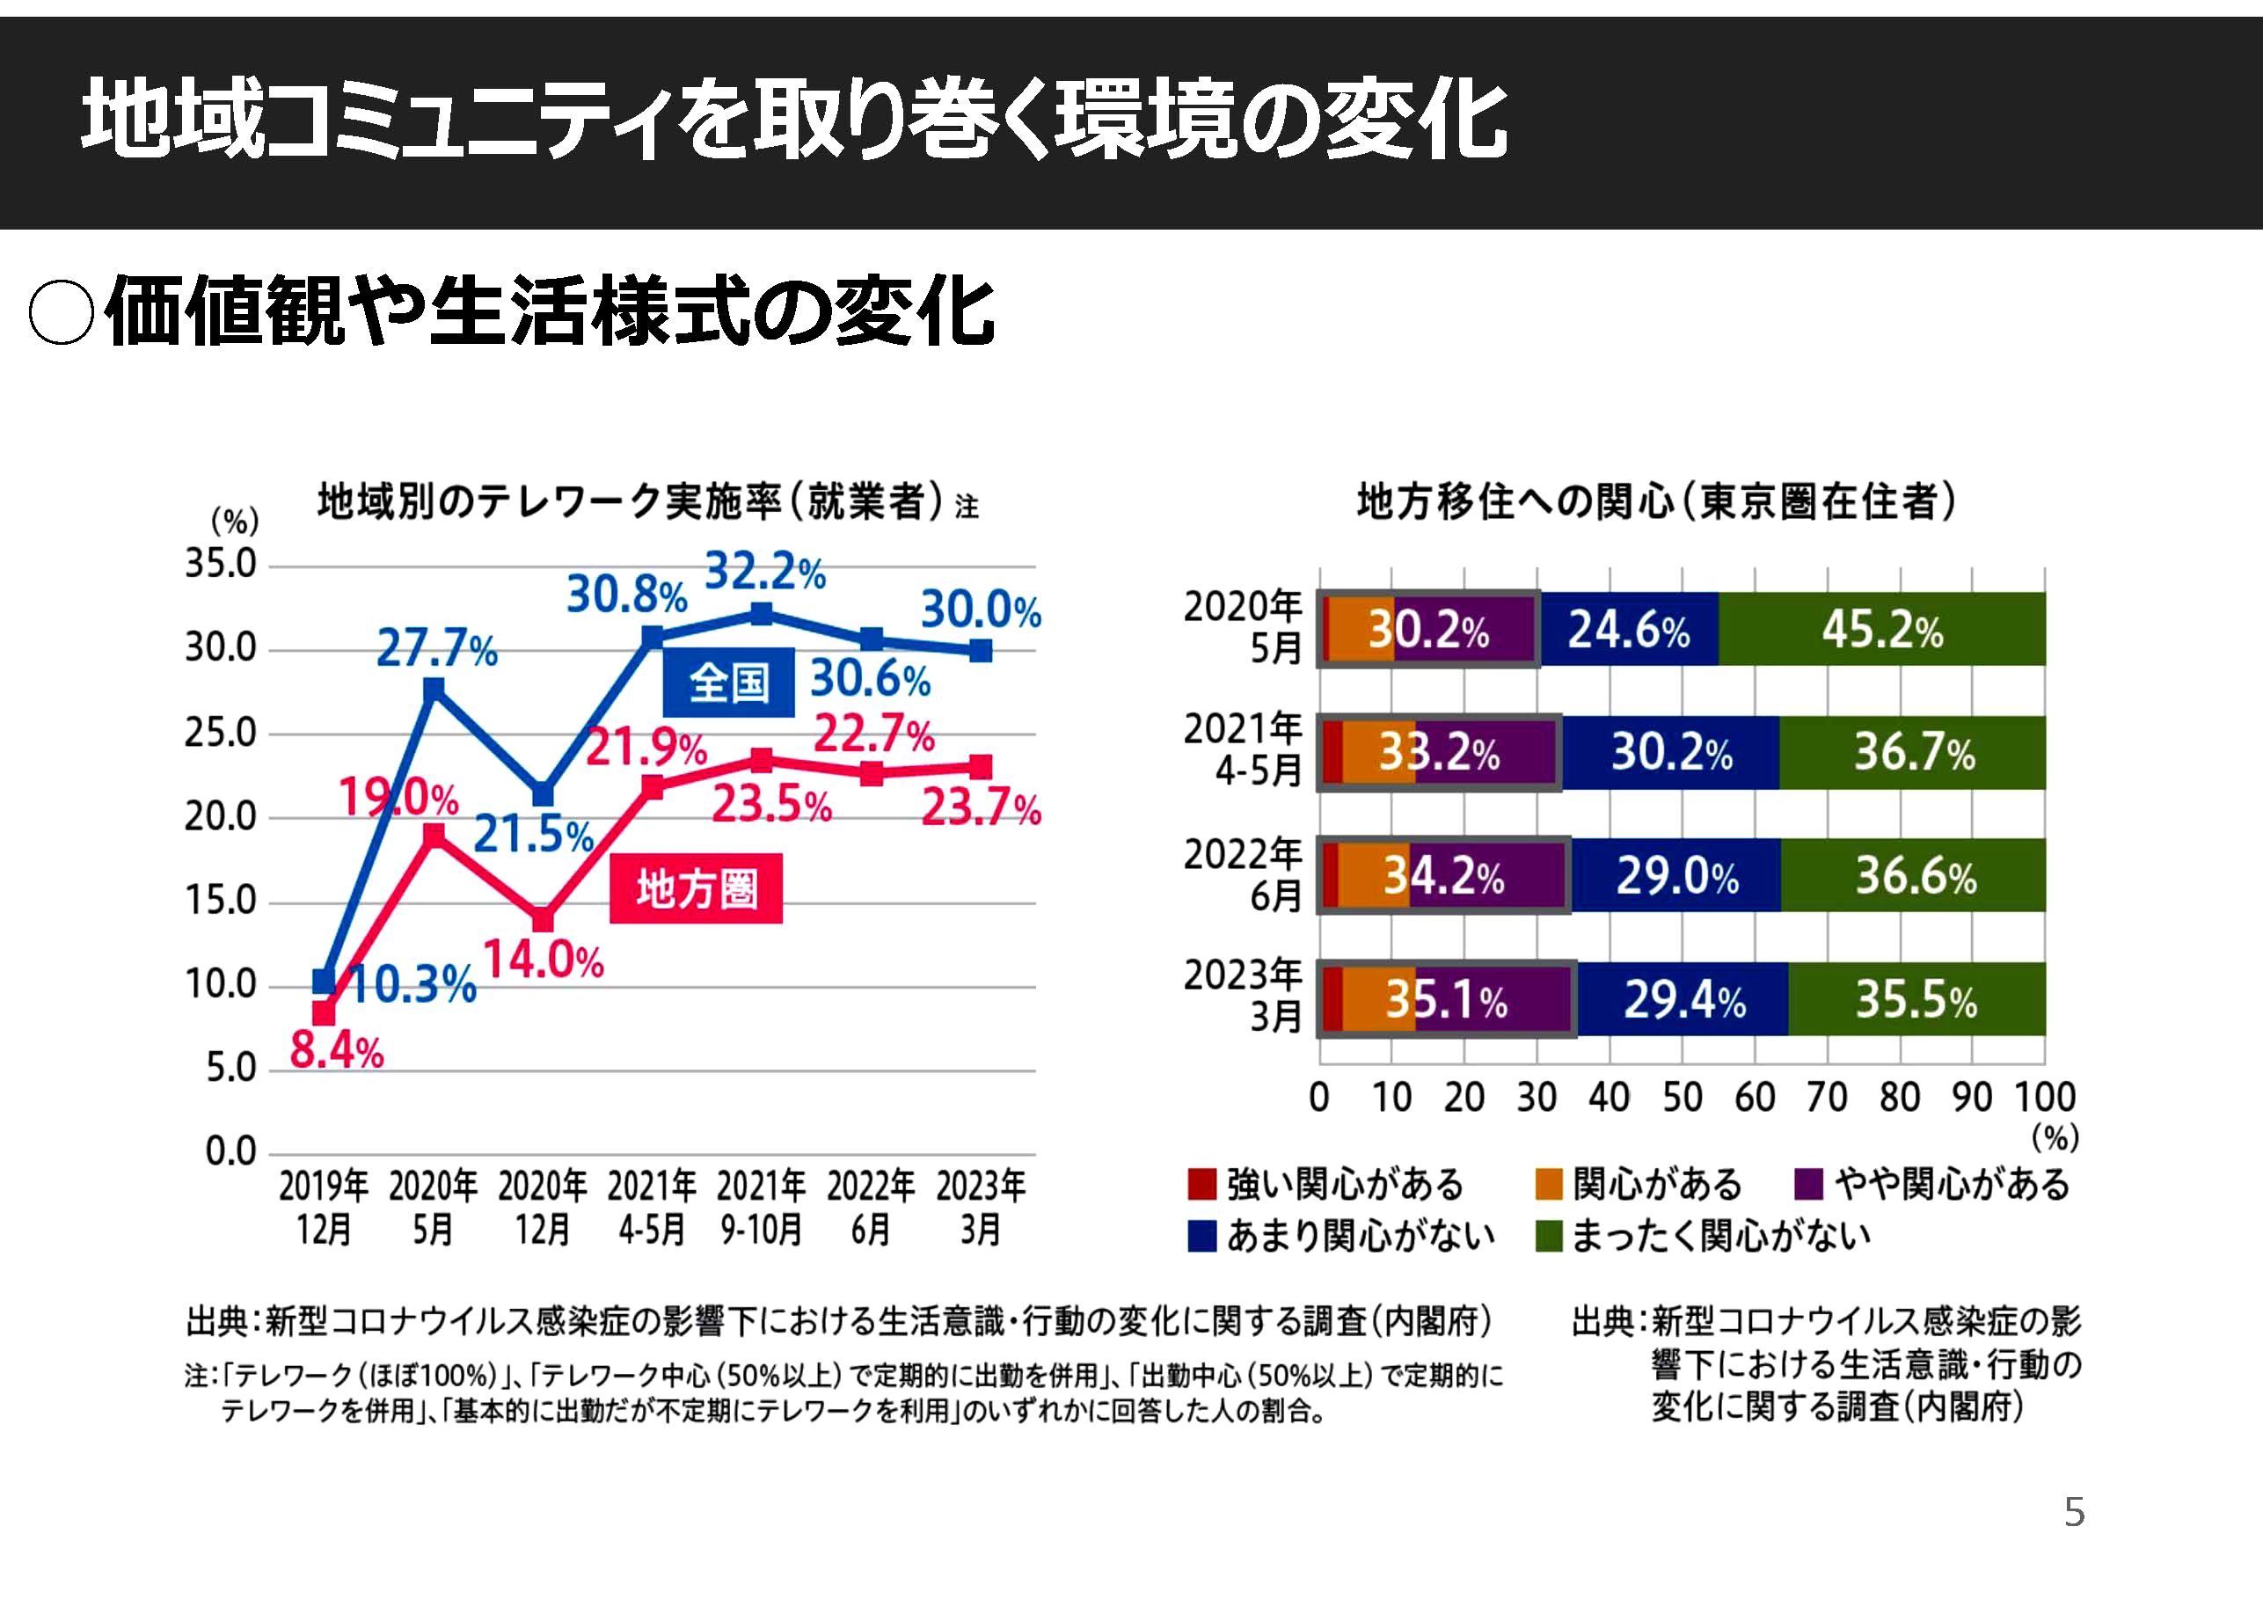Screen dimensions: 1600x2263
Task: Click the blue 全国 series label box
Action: pyautogui.click(x=728, y=683)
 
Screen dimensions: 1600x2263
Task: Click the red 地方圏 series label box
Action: pyautogui.click(x=696, y=889)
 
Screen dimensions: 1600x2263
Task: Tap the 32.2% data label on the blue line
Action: pyautogui.click(x=765, y=572)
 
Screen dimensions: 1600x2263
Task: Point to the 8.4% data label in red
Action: pyautogui.click(x=336, y=1051)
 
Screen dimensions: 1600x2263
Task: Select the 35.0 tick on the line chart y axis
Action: pyautogui.click(x=221, y=565)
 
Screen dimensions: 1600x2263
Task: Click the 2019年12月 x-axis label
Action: pyautogui.click(x=324, y=1208)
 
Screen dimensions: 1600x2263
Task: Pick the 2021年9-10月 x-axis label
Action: pyautogui.click(x=761, y=1208)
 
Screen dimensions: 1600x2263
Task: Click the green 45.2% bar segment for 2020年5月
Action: pyautogui.click(x=1881, y=630)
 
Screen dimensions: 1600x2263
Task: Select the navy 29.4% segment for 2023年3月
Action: pyautogui.click(x=1683, y=999)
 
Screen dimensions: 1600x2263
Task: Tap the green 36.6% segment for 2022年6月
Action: pyautogui.click(x=1914, y=875)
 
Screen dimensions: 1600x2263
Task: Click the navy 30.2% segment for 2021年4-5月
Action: pyautogui.click(x=1672, y=753)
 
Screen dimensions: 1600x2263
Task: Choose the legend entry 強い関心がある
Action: pyautogui.click(x=1326, y=1184)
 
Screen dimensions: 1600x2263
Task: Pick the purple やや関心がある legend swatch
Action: pyautogui.click(x=1808, y=1184)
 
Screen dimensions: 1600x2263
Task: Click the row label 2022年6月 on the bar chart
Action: pyautogui.click(x=1244, y=875)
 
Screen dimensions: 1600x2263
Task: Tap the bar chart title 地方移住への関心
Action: pyautogui.click(x=1656, y=501)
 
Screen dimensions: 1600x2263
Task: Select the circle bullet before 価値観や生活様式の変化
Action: pyautogui.click(x=61, y=313)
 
